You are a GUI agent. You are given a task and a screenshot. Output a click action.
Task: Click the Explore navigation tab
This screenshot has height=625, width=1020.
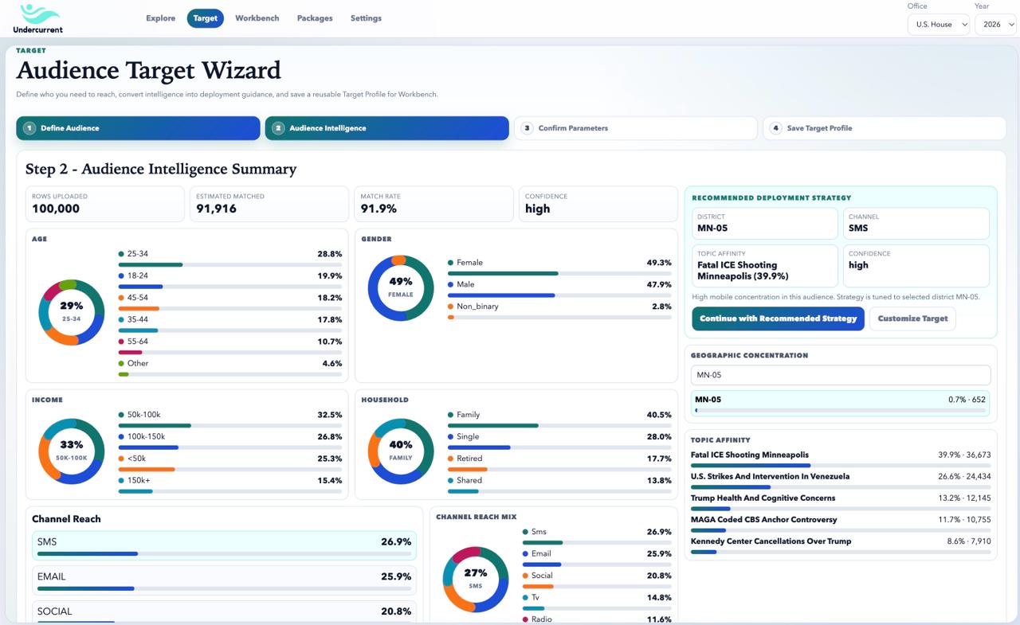pyautogui.click(x=160, y=18)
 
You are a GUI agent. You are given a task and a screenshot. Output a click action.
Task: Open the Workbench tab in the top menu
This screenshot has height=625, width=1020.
pyautogui.click(x=257, y=18)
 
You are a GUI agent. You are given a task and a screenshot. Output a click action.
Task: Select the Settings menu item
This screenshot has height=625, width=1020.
pyautogui.click(x=366, y=18)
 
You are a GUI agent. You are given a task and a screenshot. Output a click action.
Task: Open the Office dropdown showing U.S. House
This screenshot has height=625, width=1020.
pyautogui.click(x=938, y=25)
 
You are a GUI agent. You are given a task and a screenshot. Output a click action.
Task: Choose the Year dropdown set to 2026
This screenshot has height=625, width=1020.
pyautogui.click(x=996, y=25)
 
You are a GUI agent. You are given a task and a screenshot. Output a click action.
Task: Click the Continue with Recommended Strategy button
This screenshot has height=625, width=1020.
pyautogui.click(x=778, y=318)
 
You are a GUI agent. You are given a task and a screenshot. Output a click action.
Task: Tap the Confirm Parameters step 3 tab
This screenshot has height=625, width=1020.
pyautogui.click(x=635, y=128)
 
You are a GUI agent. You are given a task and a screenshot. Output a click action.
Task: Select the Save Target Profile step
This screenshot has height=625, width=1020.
pyautogui.click(x=884, y=128)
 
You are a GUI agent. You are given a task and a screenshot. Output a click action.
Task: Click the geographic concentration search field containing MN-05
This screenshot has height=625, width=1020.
pyautogui.click(x=840, y=375)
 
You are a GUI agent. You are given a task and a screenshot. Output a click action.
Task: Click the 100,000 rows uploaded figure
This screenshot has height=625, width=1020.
pyautogui.click(x=56, y=209)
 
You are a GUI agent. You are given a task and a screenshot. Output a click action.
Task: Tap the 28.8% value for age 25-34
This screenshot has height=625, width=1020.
pyautogui.click(x=329, y=254)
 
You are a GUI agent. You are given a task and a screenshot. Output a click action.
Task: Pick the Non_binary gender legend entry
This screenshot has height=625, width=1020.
pyautogui.click(x=477, y=307)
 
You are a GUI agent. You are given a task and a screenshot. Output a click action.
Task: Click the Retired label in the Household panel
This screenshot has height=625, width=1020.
pyautogui.click(x=469, y=459)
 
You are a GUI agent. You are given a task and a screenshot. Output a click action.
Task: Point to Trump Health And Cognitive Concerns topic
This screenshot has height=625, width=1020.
pyautogui.click(x=763, y=498)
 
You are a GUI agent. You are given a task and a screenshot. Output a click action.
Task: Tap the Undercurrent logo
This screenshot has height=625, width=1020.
pyautogui.click(x=37, y=18)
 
